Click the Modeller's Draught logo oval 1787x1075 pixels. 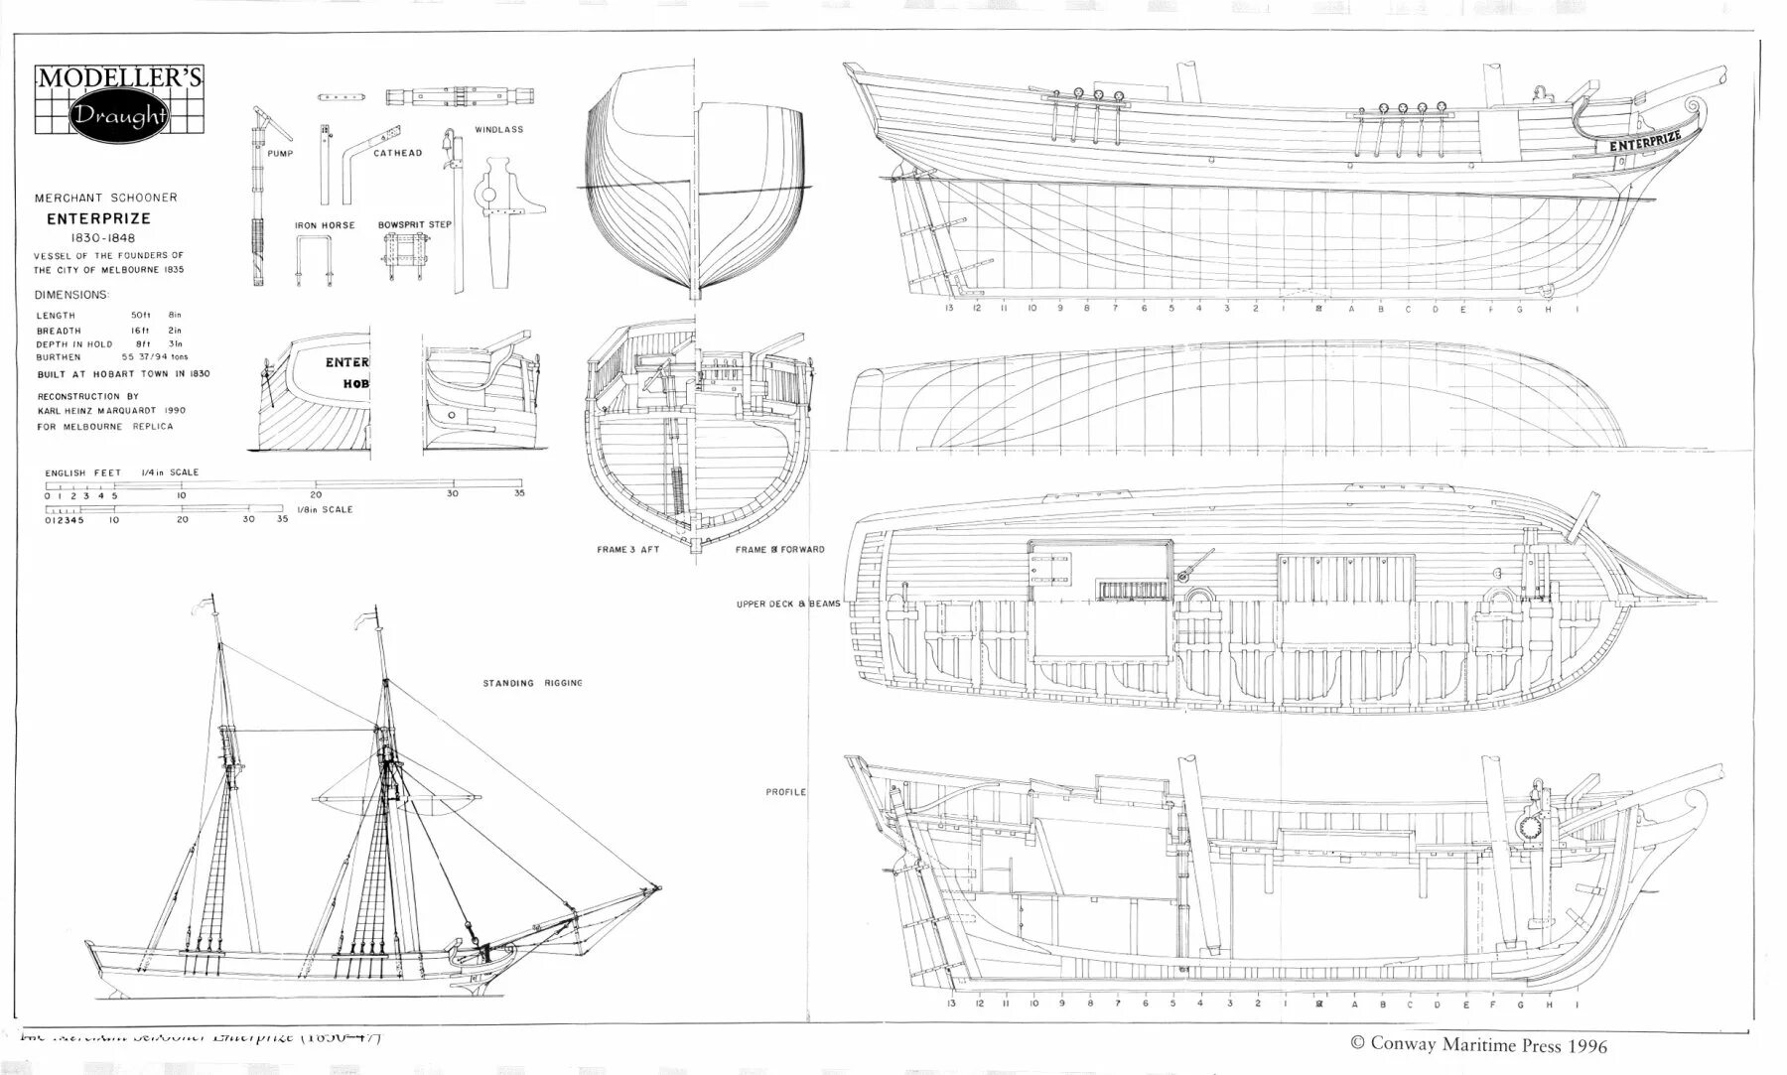[x=118, y=115]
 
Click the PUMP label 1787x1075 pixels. [x=280, y=154]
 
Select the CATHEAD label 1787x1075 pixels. [x=397, y=153]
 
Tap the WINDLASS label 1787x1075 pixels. [x=498, y=129]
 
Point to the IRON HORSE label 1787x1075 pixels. [x=325, y=225]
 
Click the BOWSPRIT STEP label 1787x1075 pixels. [x=415, y=224]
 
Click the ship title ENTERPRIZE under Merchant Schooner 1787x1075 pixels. [x=99, y=218]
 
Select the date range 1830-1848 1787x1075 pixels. [x=102, y=238]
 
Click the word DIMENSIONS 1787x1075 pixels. [x=71, y=295]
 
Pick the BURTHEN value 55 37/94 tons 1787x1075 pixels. [x=155, y=356]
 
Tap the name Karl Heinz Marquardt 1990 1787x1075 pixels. [x=111, y=410]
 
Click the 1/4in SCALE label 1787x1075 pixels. [x=170, y=472]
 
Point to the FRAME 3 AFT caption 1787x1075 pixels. [x=627, y=549]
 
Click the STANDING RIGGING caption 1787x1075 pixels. [x=532, y=683]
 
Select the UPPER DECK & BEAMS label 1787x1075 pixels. [x=788, y=604]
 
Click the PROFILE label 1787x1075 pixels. [x=785, y=792]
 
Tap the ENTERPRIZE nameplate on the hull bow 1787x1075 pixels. [x=1645, y=140]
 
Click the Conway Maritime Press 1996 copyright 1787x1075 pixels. [x=1478, y=1044]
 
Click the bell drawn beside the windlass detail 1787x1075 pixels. [x=447, y=139]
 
